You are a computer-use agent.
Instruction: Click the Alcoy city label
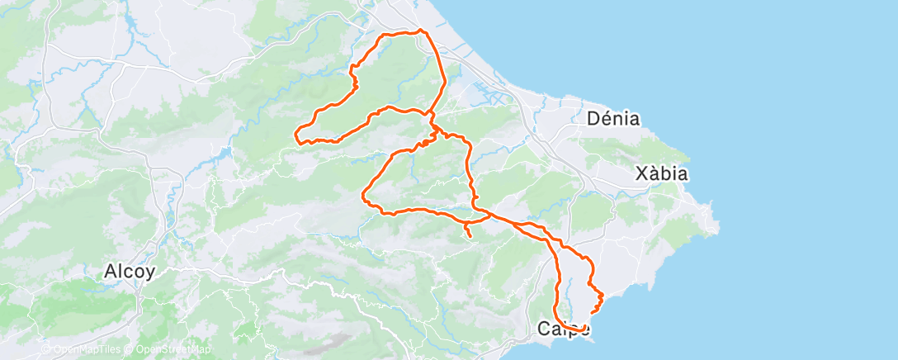(x=130, y=271)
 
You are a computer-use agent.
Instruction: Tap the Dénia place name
(x=613, y=118)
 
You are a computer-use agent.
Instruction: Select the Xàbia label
(x=661, y=173)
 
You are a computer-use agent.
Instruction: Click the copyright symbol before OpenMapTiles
(x=45, y=349)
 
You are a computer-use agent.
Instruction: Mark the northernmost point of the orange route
(x=420, y=31)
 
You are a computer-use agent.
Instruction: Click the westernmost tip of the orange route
(x=296, y=132)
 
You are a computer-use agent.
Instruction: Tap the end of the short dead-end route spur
(x=470, y=237)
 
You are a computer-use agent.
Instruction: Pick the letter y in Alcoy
(x=149, y=272)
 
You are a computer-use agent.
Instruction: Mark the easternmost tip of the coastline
(x=719, y=221)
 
